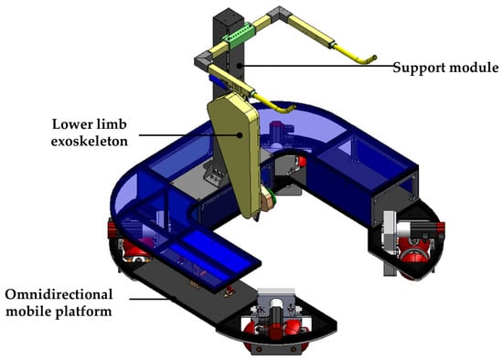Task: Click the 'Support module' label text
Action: point(445,68)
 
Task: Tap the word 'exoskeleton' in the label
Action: point(90,141)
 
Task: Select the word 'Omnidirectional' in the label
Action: point(59,294)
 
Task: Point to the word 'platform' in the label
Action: point(84,312)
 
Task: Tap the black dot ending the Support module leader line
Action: point(239,66)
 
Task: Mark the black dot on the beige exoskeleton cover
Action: point(240,135)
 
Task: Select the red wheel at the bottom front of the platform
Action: point(273,334)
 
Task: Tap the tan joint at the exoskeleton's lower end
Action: point(269,201)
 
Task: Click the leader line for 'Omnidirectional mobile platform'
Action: point(149,299)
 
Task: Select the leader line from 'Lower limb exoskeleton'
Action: point(189,135)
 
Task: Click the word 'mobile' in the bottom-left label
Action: point(29,312)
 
